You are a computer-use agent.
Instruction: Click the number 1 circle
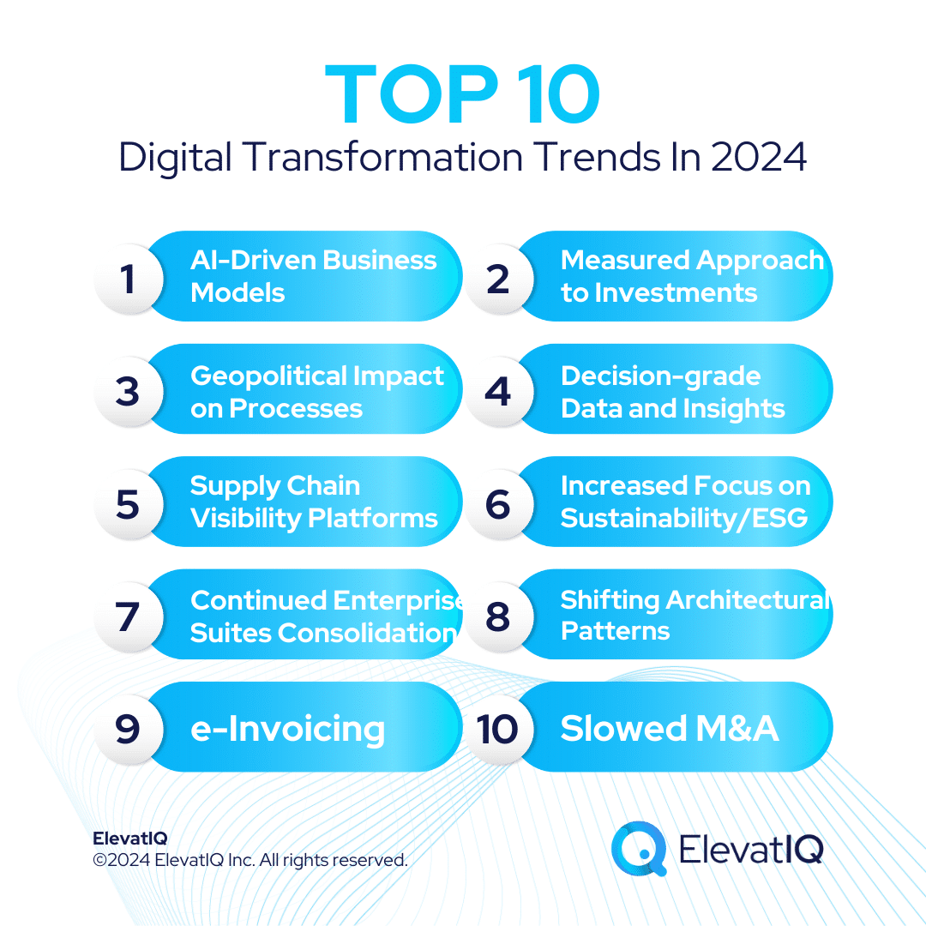128,278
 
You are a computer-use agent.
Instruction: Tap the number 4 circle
498,391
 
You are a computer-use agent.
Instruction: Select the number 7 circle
128,616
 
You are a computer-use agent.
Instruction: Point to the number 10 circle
498,730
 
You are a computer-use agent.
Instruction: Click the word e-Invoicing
287,729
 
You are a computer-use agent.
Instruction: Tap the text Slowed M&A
670,729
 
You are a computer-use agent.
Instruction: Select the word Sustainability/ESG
684,518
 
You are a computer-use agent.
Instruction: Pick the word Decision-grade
660,376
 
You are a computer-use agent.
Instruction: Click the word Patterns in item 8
615,631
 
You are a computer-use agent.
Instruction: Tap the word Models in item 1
238,293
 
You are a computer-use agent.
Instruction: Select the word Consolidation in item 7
368,633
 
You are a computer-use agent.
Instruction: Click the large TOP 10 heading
463,96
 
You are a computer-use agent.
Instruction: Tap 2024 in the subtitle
758,158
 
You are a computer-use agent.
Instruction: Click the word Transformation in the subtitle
381,158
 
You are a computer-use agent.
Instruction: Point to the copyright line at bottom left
250,860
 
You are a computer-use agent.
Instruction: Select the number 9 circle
128,730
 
